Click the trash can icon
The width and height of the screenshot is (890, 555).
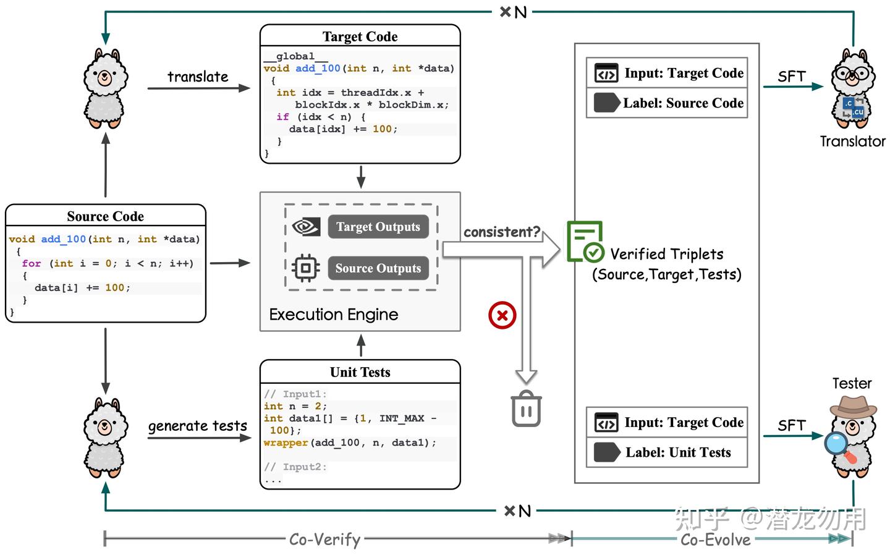point(527,409)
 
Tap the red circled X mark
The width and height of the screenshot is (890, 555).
point(502,315)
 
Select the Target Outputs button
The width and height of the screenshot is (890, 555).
point(378,227)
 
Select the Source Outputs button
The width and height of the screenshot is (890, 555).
point(378,268)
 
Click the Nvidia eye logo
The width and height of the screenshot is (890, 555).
point(305,227)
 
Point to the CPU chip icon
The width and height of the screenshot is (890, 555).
point(305,268)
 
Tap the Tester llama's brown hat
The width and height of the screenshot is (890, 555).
point(853,405)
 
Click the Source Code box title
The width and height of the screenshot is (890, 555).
point(105,216)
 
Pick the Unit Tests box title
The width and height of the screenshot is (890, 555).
point(360,372)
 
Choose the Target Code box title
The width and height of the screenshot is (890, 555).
point(360,36)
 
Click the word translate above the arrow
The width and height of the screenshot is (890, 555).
point(198,77)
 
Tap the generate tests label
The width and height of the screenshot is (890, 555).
point(197,426)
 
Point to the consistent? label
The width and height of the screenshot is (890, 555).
point(502,232)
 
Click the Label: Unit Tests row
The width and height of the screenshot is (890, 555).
point(667,452)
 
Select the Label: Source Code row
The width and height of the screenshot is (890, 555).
point(667,103)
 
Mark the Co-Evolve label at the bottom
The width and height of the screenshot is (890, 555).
point(715,540)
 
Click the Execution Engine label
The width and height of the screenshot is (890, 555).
point(333,315)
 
